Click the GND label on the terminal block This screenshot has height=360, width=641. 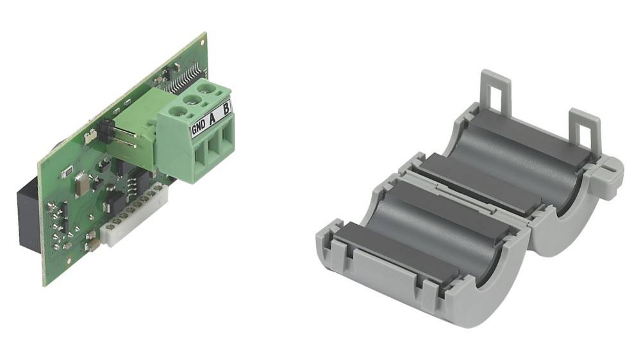click(x=199, y=127)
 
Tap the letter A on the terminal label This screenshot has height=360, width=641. click(x=212, y=119)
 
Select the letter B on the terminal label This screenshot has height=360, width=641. click(x=226, y=110)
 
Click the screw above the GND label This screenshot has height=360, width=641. click(x=178, y=110)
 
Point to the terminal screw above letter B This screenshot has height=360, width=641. click(x=204, y=87)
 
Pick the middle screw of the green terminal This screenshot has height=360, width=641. click(x=191, y=99)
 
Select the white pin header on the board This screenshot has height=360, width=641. click(x=133, y=216)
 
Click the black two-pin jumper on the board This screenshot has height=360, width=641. click(x=104, y=131)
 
